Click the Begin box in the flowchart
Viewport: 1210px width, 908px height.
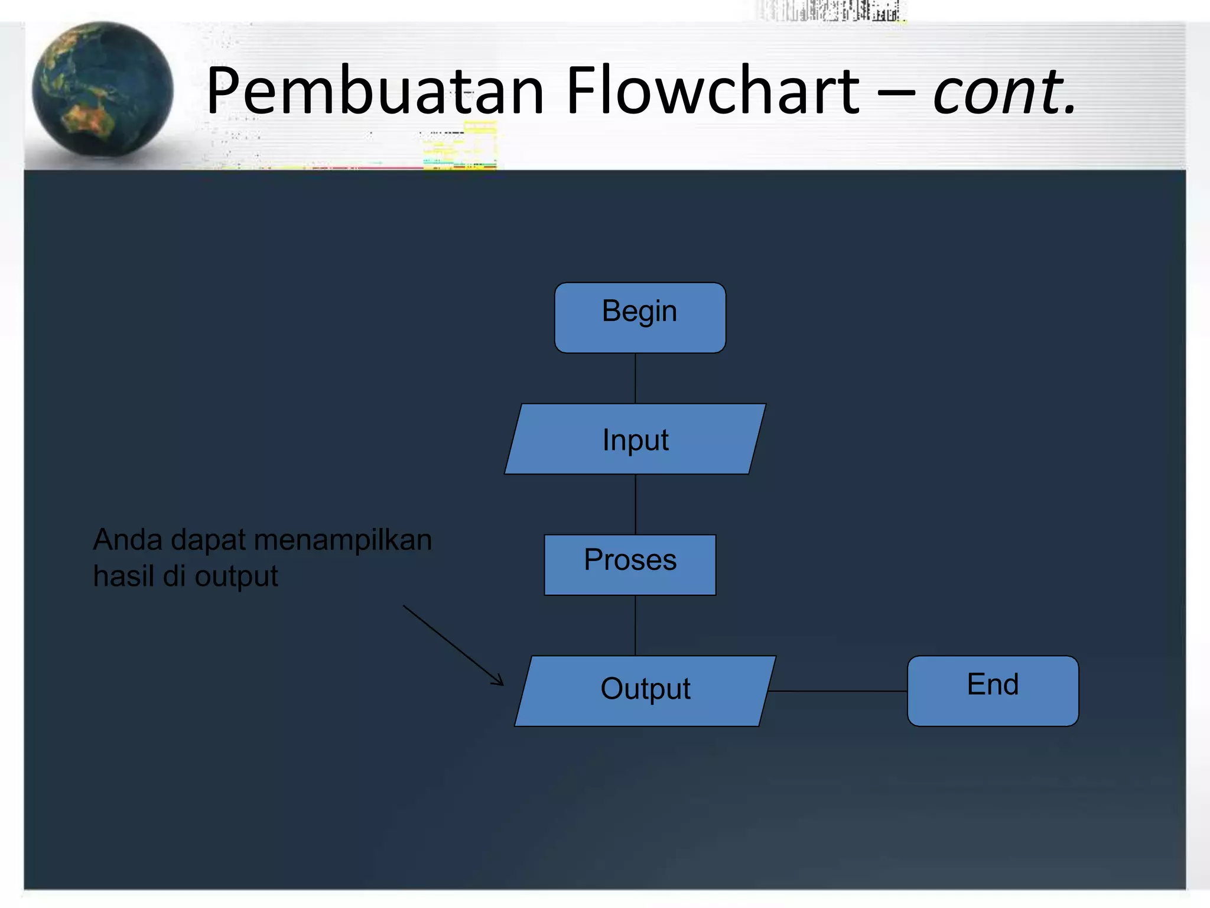640,317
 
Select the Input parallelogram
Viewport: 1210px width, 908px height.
635,439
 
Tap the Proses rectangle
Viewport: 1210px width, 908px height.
630,565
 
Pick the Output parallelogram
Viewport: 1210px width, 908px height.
645,690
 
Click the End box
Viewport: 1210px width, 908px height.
993,690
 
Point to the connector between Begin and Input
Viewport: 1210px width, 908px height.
635,378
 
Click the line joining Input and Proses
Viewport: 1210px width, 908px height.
635,504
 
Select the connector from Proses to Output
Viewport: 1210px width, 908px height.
635,625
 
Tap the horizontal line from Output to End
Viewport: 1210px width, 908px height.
838,691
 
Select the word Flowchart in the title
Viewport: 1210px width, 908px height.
713,92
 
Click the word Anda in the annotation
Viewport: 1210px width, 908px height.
128,540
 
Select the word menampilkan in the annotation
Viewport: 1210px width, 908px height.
343,540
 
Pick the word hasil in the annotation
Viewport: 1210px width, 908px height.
123,576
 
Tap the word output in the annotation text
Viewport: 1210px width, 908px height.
236,577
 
